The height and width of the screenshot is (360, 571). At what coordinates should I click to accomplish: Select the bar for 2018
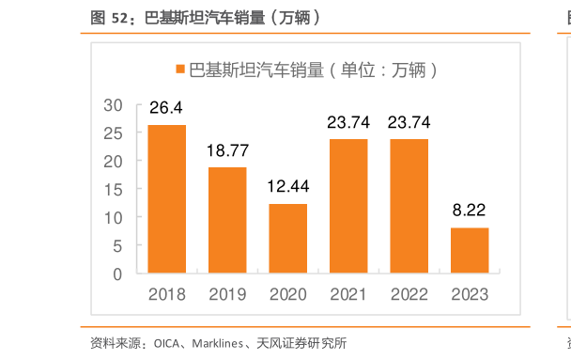(x=166, y=199)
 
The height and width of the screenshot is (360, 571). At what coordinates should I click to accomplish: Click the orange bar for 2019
(x=227, y=221)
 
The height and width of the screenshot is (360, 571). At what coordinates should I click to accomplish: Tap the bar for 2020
(x=287, y=239)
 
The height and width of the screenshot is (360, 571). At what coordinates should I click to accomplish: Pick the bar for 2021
(x=348, y=207)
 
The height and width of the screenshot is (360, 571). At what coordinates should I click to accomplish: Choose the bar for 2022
(x=409, y=207)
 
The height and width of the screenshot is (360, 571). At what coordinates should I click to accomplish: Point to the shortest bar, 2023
(x=470, y=251)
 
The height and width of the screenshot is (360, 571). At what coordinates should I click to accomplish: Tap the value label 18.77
(x=227, y=151)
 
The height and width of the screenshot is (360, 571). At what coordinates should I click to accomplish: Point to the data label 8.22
(x=470, y=211)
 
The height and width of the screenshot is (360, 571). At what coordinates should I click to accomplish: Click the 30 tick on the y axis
(x=114, y=104)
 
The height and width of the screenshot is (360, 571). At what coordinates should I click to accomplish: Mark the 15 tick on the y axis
(x=114, y=190)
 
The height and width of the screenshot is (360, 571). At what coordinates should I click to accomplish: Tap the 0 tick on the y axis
(x=118, y=274)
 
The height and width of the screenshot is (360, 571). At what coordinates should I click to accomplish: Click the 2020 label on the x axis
(x=287, y=294)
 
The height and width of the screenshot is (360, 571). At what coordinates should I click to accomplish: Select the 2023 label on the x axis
(x=470, y=294)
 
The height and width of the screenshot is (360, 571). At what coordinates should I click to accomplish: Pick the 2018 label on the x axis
(x=166, y=294)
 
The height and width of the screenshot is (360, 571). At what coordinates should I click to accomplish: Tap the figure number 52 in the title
(x=116, y=17)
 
